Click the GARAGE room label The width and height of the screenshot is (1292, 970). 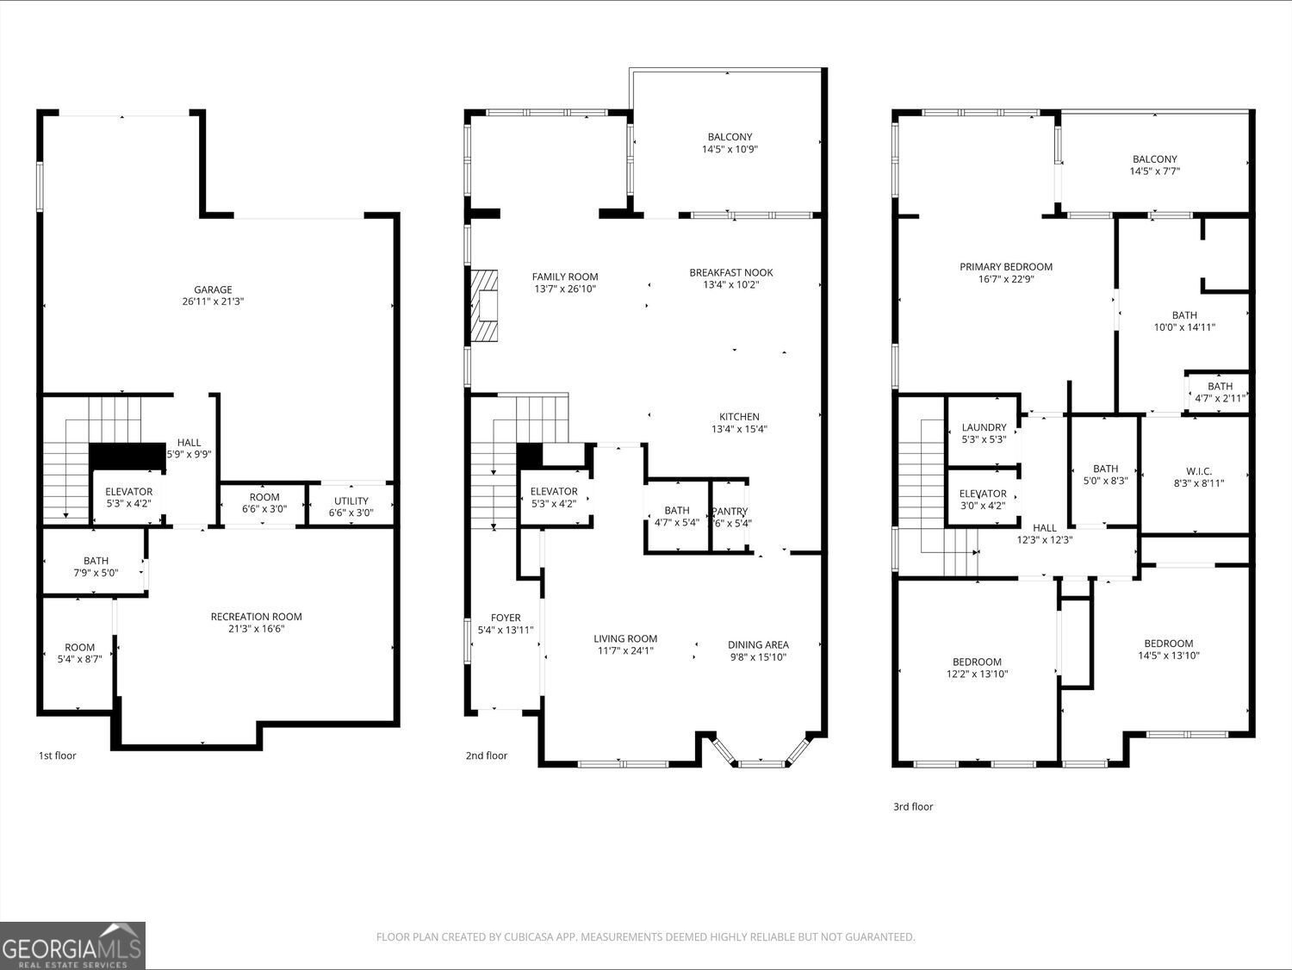pyautogui.click(x=213, y=290)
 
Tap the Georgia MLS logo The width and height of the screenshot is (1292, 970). pyautogui.click(x=72, y=945)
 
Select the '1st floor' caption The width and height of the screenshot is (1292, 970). pyautogui.click(x=57, y=755)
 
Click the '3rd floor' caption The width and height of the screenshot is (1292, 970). pyautogui.click(x=913, y=807)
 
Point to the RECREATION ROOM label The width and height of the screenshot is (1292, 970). pyautogui.click(x=257, y=617)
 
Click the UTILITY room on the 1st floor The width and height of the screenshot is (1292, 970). pyautogui.click(x=351, y=507)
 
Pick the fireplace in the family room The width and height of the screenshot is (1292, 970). pyautogui.click(x=484, y=308)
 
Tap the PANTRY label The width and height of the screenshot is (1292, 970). pyautogui.click(x=730, y=511)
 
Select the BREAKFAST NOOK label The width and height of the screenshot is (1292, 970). pyautogui.click(x=731, y=273)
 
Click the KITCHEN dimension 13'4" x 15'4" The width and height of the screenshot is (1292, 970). pyautogui.click(x=739, y=429)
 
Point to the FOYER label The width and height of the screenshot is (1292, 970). pyautogui.click(x=506, y=618)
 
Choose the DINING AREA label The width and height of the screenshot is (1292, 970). pyautogui.click(x=758, y=644)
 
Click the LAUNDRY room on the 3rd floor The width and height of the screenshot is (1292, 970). pyautogui.click(x=984, y=433)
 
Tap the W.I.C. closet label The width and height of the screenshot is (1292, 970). pyautogui.click(x=1199, y=477)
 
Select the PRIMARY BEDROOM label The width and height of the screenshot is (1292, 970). pyautogui.click(x=1006, y=267)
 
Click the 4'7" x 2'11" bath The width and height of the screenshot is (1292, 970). pyautogui.click(x=1220, y=392)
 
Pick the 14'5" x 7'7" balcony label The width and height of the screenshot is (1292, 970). pyautogui.click(x=1154, y=165)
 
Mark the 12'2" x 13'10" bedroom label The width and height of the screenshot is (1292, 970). pyautogui.click(x=977, y=668)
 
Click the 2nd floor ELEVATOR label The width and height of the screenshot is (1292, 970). pyautogui.click(x=554, y=492)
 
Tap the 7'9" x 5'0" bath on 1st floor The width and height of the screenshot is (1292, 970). pyautogui.click(x=96, y=567)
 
